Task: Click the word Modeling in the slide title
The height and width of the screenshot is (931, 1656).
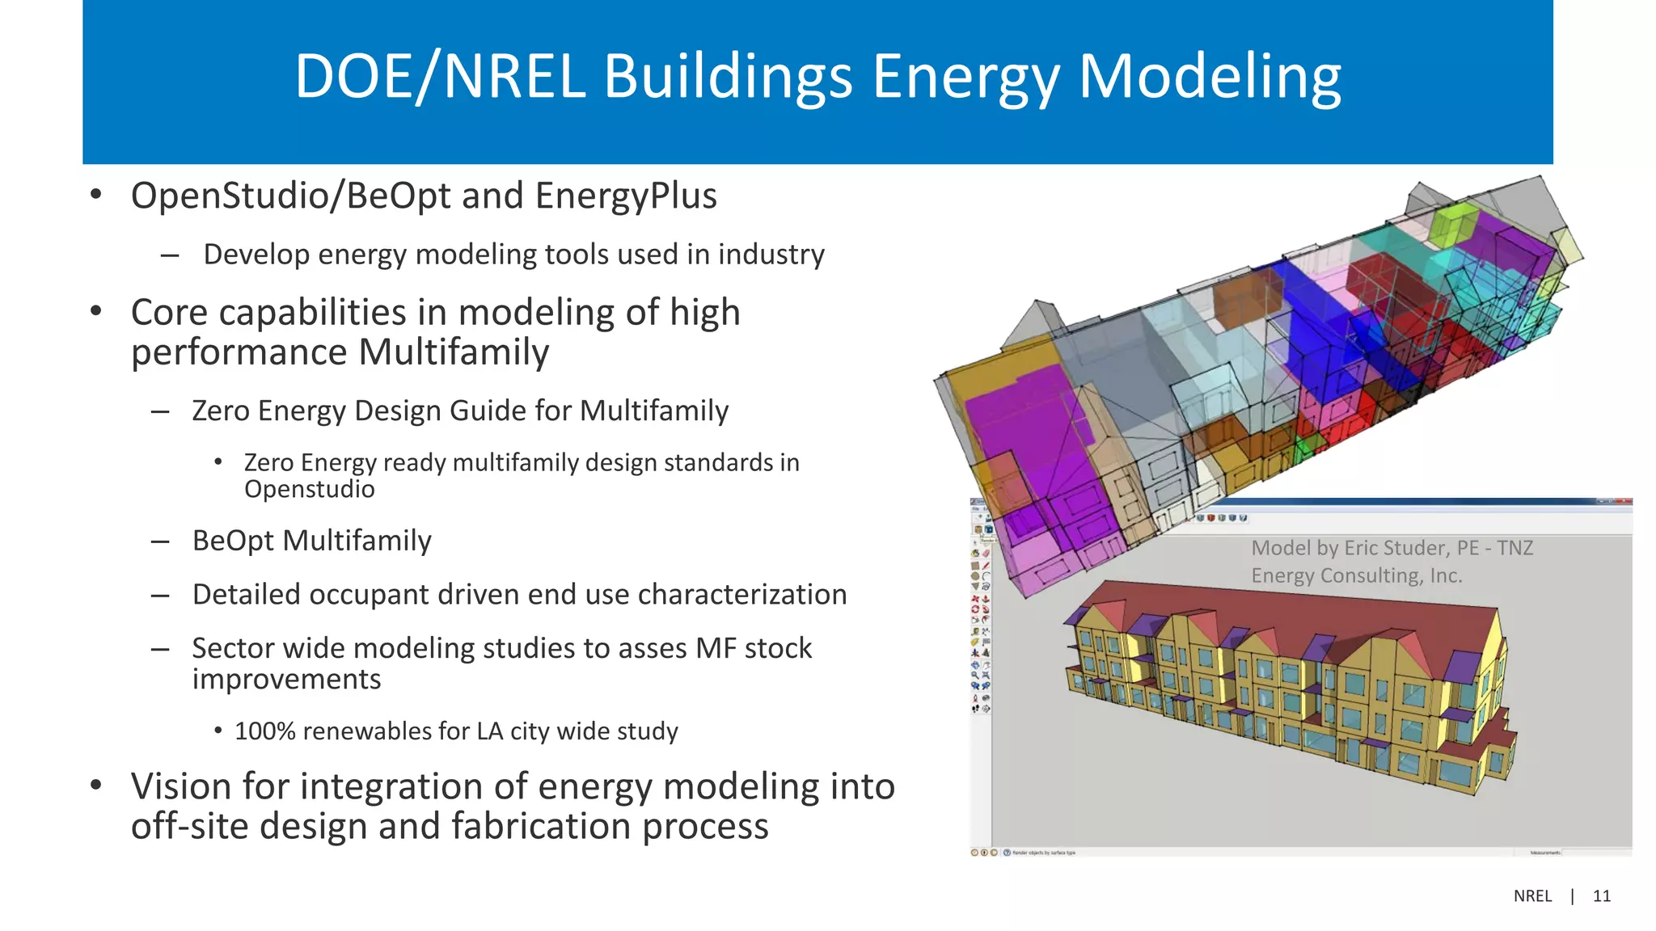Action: (1210, 78)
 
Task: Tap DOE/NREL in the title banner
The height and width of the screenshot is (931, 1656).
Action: (440, 78)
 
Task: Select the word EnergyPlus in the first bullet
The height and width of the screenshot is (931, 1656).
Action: (626, 196)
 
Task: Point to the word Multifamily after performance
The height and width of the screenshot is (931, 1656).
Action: (454, 352)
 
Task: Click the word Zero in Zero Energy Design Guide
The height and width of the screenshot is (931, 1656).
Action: (221, 411)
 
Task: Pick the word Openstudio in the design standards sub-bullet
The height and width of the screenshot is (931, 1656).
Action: (309, 490)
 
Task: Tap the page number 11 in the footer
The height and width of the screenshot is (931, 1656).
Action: (1601, 896)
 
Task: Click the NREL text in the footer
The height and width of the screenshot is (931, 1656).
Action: (1532, 896)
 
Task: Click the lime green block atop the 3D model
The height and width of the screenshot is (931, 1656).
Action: (1451, 221)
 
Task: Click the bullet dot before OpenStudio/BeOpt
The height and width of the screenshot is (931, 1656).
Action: (96, 195)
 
